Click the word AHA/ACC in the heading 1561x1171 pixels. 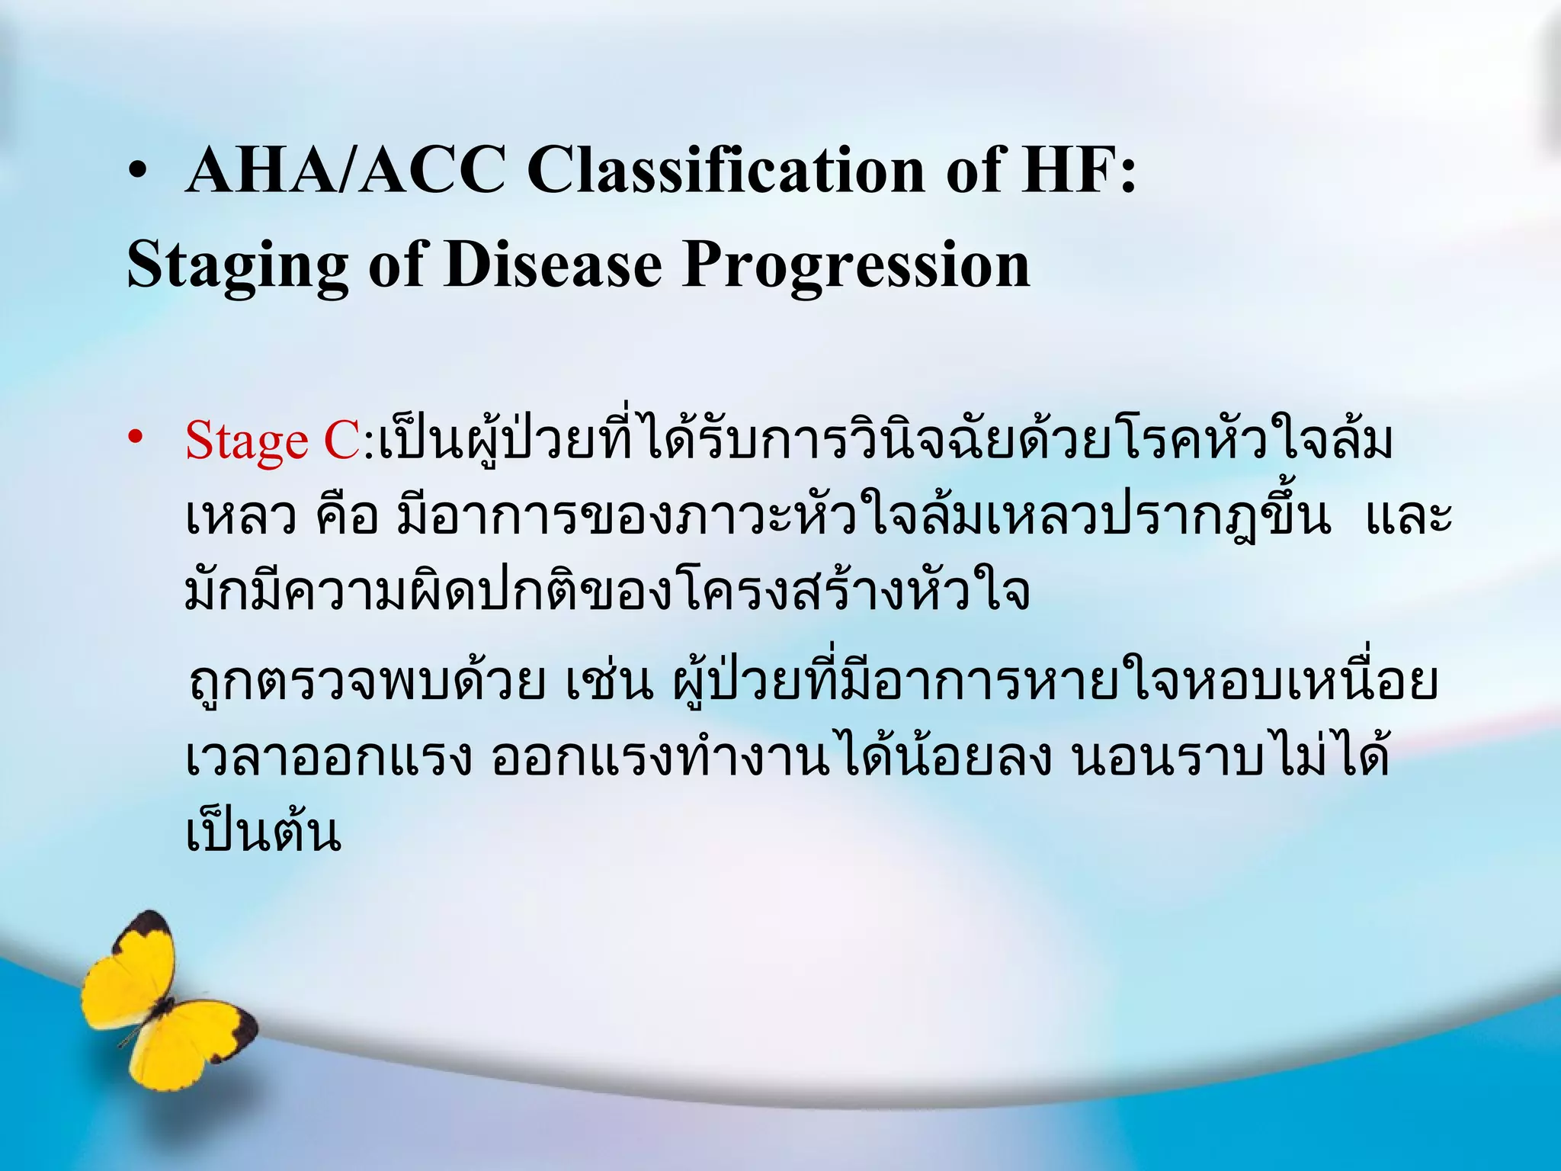[x=345, y=169]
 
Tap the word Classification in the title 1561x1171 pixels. [x=726, y=169]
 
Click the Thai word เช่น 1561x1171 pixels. [x=609, y=681]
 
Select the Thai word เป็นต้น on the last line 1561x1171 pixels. [x=263, y=833]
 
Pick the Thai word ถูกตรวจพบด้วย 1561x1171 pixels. [x=367, y=681]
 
